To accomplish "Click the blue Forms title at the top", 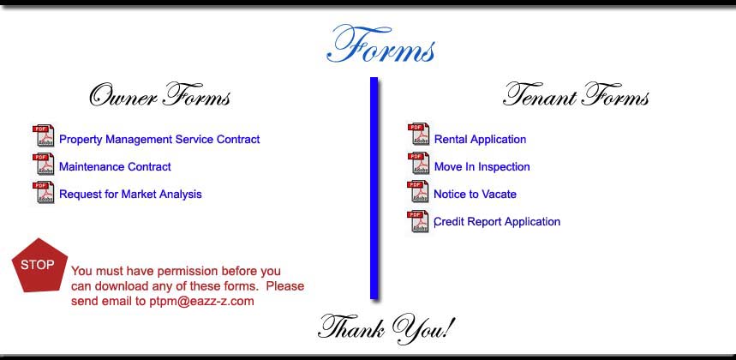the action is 380,45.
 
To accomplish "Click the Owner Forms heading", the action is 160,95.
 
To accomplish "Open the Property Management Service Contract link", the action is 159,140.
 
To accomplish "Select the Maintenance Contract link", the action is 115,166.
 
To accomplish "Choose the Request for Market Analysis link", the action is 130,195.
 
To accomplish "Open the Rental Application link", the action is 480,140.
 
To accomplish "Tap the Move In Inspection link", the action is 482,166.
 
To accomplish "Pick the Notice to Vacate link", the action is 475,195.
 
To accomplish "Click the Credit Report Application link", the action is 497,221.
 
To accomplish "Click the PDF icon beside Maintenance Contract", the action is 43,165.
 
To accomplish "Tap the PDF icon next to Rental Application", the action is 418,135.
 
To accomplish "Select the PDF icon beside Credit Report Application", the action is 418,221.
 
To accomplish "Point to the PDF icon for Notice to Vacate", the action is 418,191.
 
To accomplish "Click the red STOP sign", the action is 39,265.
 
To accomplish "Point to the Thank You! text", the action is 386,328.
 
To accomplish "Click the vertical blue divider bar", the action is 374,188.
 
